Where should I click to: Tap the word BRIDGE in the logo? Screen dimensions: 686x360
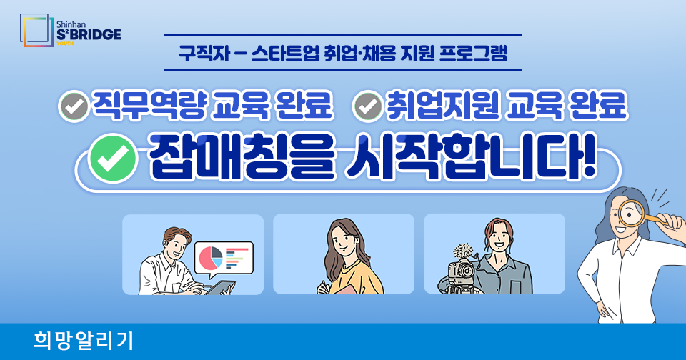(x=95, y=34)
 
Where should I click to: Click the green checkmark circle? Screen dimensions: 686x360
(x=114, y=159)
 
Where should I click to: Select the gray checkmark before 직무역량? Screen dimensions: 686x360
(x=74, y=106)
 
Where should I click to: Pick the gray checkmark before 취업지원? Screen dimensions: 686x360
(x=368, y=106)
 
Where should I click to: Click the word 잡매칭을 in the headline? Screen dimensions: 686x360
(x=242, y=157)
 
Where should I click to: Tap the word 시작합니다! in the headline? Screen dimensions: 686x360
(x=471, y=156)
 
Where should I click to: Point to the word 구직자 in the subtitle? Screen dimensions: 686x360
(x=204, y=53)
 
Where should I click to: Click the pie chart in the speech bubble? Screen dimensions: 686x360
(x=211, y=258)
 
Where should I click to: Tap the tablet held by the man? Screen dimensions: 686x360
(x=221, y=287)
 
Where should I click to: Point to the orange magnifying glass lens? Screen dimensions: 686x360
(x=631, y=213)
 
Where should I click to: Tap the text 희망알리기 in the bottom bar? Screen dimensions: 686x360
(x=83, y=341)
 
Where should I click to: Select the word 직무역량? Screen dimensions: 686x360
(x=149, y=106)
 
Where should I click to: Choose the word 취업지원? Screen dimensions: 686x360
(x=442, y=106)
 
